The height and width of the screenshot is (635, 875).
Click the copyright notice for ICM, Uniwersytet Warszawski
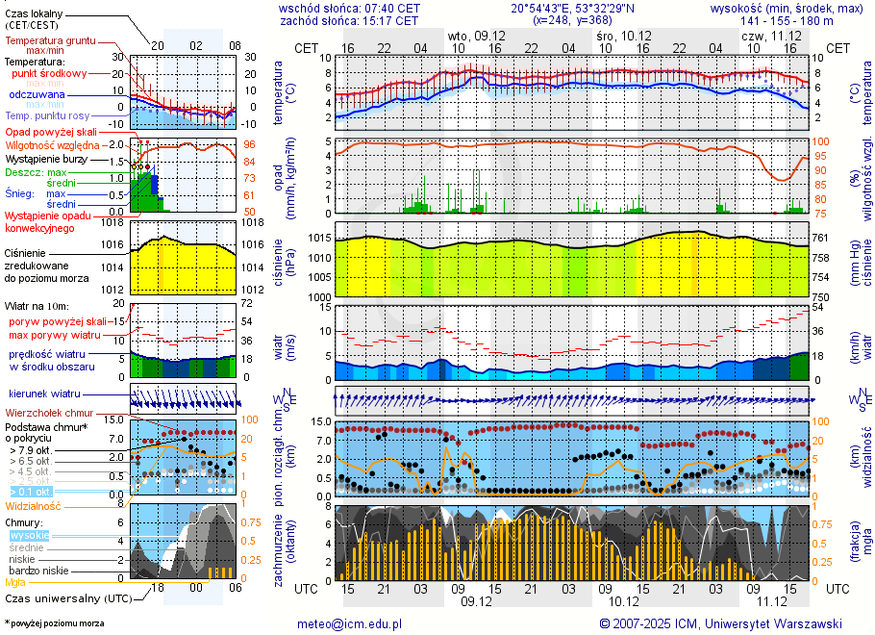pos(721,623)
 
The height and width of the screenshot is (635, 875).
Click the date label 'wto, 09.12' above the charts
pos(477,35)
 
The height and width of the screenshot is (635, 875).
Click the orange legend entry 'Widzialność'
pos(34,505)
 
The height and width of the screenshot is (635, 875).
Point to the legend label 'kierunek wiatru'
pos(43,394)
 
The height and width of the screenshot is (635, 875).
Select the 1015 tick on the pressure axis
pos(319,238)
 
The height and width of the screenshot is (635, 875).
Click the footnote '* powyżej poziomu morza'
pos(54,623)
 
